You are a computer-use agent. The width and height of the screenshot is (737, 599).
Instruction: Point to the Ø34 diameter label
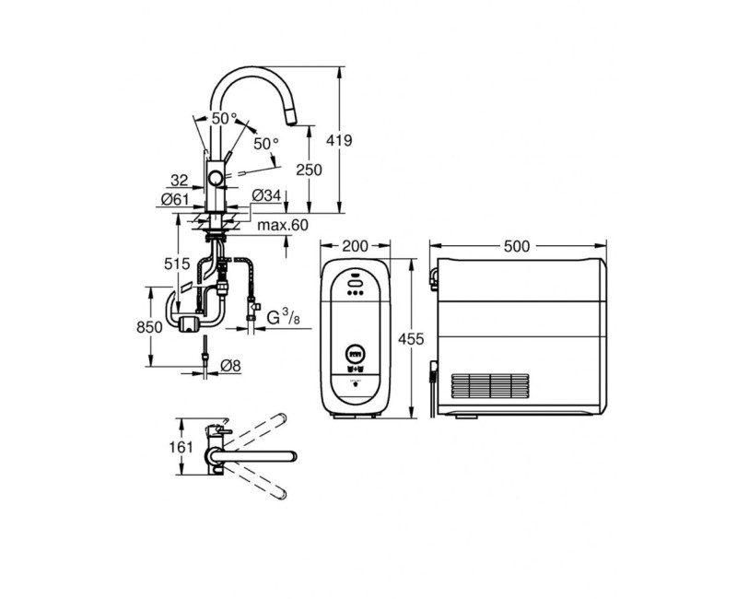[266, 195]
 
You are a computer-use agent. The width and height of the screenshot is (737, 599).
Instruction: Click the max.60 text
[282, 225]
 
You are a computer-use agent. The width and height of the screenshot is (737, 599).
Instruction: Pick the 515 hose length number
[177, 264]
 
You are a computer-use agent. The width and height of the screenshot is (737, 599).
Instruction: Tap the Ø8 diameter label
[230, 367]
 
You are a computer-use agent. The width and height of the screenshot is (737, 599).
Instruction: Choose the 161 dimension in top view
[184, 448]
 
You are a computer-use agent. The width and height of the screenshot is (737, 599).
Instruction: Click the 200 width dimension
[355, 246]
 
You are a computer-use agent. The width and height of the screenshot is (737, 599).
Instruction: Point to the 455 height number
[411, 339]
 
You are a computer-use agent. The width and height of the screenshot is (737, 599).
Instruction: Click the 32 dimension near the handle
[181, 179]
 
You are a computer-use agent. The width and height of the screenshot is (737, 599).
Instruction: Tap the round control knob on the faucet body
[215, 179]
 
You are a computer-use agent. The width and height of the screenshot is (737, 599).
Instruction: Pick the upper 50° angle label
[223, 119]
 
